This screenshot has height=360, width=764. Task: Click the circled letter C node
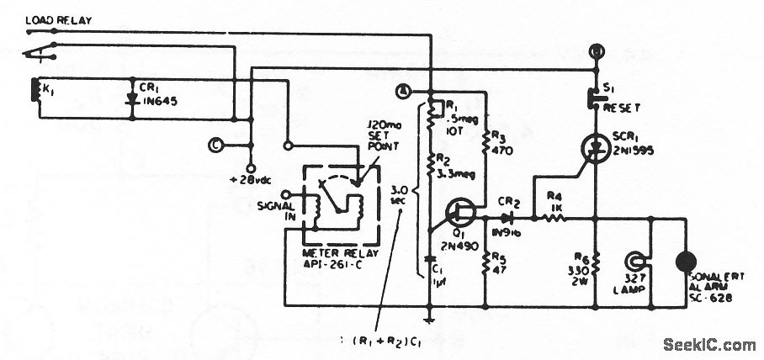(216, 144)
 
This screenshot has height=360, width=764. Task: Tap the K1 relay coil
(34, 92)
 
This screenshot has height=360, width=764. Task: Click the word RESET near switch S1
(622, 108)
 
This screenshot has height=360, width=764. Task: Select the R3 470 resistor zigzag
(486, 140)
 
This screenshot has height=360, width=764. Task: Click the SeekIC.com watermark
(709, 344)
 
